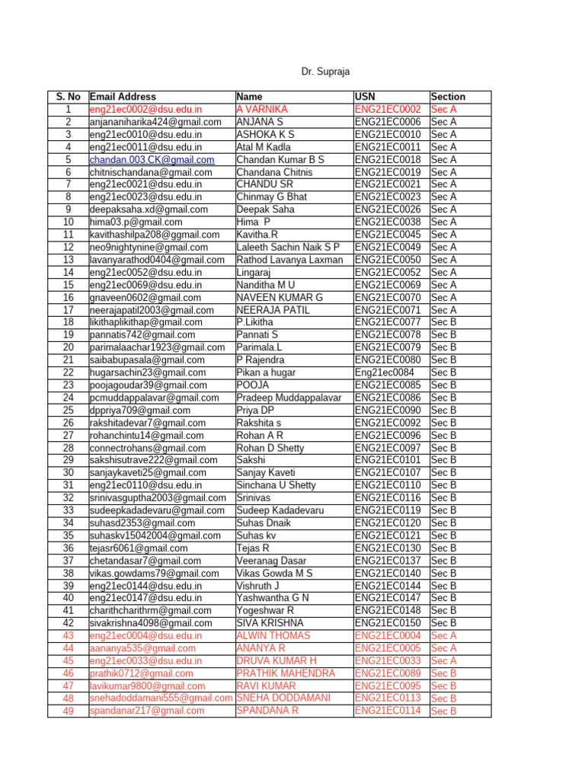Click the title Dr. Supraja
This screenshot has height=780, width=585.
coord(325,72)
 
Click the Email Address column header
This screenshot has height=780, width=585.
coord(123,97)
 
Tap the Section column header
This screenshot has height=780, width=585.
coord(448,97)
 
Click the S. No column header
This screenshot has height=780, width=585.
coord(69,97)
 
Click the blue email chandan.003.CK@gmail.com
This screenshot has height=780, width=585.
coord(152,160)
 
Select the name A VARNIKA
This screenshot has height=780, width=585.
coord(261,110)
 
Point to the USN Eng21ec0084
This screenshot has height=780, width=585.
coord(385,372)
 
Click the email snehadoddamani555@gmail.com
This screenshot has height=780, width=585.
coord(161,698)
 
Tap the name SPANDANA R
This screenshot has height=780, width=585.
coord(267,711)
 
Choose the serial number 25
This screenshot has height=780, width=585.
coord(69,410)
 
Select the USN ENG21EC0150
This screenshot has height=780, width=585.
coord(388,623)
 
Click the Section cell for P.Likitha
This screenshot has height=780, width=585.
coord(443,322)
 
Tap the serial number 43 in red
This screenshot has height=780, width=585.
coord(69,635)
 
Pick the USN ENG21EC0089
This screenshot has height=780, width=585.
coord(388,673)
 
